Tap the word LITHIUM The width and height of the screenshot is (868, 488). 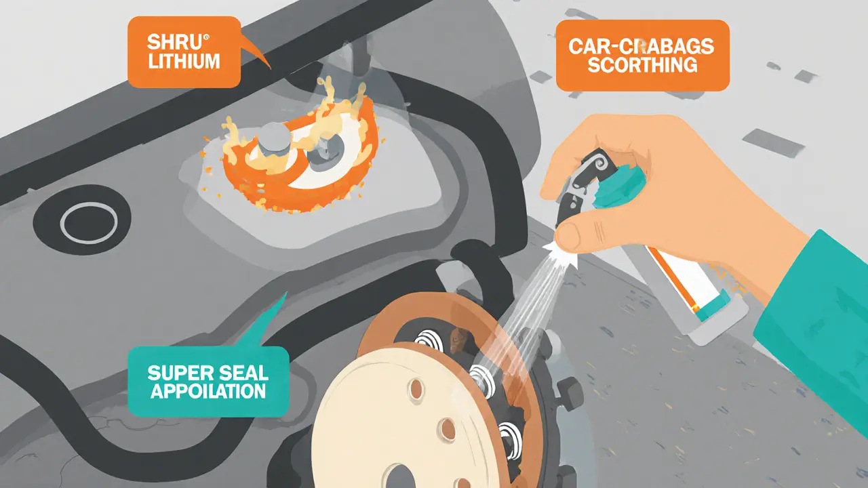click(184, 61)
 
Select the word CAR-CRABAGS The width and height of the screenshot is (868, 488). click(642, 47)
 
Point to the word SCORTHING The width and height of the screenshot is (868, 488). click(643, 64)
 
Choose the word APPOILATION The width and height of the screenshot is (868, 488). click(208, 391)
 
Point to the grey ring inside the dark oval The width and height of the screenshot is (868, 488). click(89, 223)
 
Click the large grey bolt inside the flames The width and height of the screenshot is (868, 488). click(273, 142)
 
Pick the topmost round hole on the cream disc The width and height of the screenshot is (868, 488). click(416, 389)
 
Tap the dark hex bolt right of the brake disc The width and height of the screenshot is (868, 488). click(570, 392)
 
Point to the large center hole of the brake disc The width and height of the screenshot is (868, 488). click(400, 476)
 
